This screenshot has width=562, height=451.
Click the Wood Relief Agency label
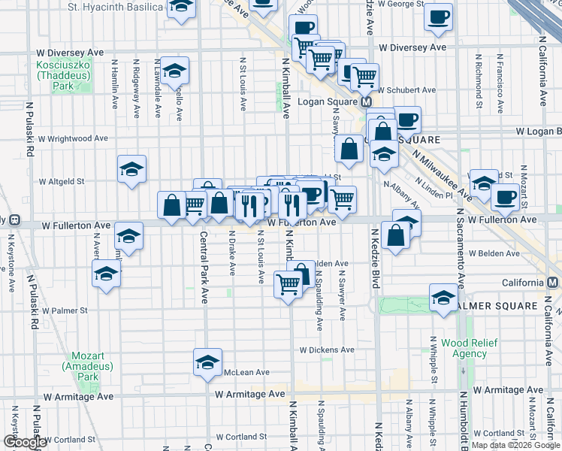(464, 348)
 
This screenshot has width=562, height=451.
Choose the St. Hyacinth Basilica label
(114, 7)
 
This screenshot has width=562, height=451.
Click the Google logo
(25, 442)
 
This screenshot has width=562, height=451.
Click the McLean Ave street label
(246, 372)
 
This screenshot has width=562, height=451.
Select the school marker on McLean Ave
(207, 362)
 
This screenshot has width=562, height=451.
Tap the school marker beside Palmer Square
(443, 298)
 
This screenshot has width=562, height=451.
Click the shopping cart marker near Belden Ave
(289, 284)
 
